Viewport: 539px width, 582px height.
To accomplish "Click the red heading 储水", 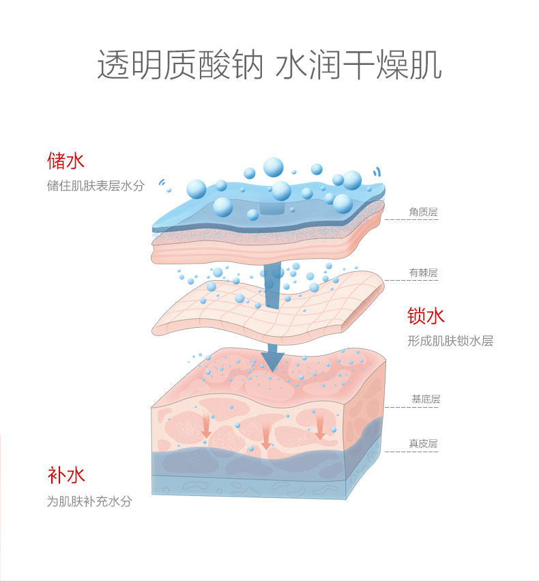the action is pos(65,161).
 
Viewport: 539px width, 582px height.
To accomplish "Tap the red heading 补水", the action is pos(66,475).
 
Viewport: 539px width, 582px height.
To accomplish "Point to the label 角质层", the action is pos(423,212).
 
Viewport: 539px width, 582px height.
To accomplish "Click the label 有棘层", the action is pos(423,273).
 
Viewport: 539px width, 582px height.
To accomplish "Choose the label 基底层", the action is pos(426,399).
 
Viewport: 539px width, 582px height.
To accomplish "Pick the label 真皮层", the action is pos(423,443).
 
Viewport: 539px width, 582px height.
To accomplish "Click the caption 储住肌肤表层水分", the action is pos(96,186).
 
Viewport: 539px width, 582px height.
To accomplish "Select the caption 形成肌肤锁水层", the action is pos(450,341).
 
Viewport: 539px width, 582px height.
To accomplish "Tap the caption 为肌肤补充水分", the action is pos(89,501).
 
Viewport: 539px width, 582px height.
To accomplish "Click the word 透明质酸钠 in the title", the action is pos(180,66).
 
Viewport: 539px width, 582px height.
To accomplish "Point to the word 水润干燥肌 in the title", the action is pos(359,66).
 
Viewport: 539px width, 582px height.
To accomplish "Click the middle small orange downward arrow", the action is pos(265,435).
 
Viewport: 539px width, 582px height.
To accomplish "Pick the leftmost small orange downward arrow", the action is pos(206,427).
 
